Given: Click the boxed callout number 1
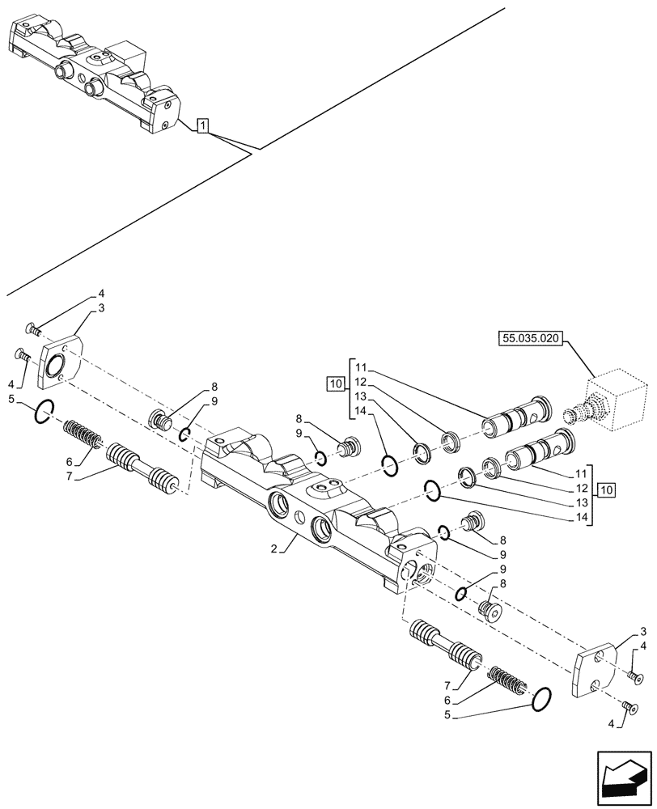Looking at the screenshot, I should pyautogui.click(x=203, y=125).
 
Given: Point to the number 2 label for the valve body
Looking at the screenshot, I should pyautogui.click(x=275, y=548).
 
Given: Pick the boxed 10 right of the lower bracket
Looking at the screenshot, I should pyautogui.click(x=607, y=490).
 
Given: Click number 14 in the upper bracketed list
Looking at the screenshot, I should pyautogui.click(x=359, y=412).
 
